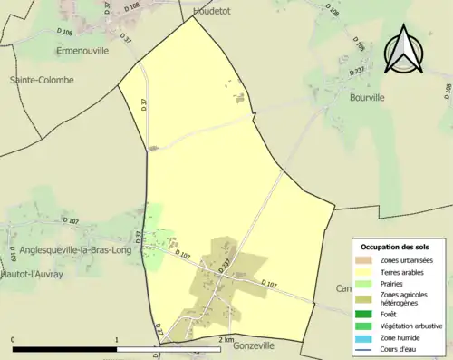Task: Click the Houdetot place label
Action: click(213, 11)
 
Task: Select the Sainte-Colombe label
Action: click(42, 80)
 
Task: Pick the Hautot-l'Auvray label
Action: click(32, 273)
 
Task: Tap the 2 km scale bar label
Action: click(226, 339)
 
